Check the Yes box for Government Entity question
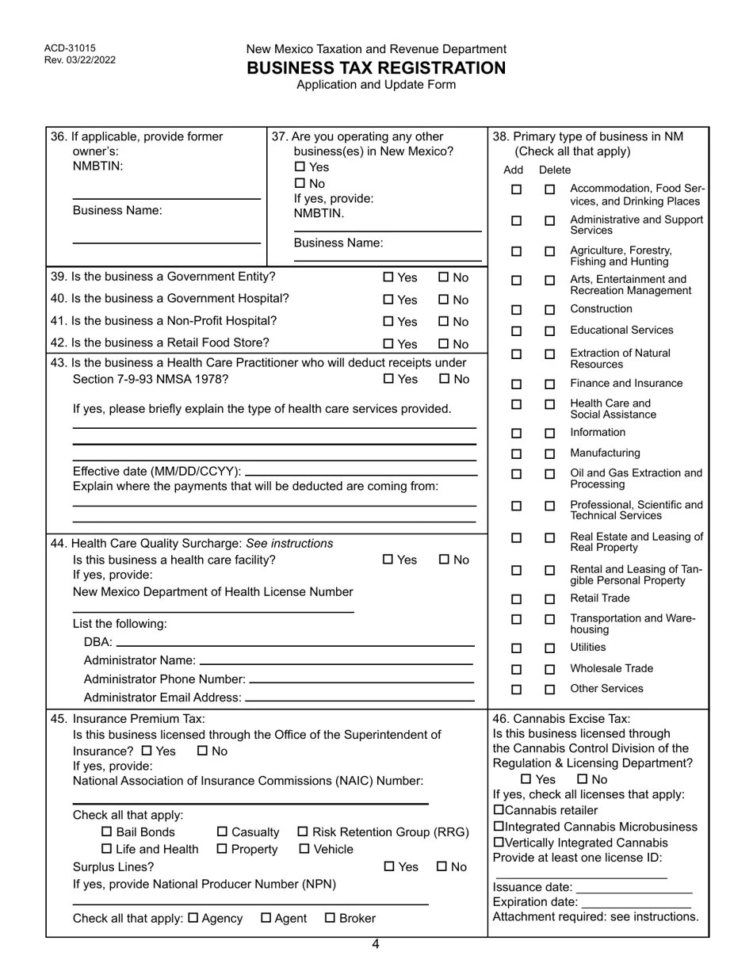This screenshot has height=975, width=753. [x=388, y=277]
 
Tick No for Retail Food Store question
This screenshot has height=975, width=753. [x=444, y=344]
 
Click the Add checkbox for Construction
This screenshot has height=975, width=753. [x=516, y=310]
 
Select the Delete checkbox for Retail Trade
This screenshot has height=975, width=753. [x=549, y=599]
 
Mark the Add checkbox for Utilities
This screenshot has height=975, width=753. [x=516, y=648]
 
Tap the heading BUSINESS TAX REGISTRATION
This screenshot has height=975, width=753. [x=376, y=68]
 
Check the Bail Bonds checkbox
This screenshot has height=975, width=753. [x=107, y=832]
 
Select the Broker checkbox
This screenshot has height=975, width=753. [x=330, y=919]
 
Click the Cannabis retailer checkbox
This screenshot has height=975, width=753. [x=498, y=810]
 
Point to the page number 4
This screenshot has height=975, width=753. [x=376, y=944]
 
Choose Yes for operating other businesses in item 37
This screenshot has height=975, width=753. [x=299, y=167]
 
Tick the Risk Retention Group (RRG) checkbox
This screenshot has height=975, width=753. [x=303, y=832]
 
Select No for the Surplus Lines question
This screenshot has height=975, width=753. [x=442, y=867]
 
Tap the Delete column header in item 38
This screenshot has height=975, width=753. [x=554, y=170]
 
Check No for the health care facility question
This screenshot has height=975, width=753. [x=444, y=560]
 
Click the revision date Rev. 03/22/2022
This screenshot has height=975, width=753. [x=80, y=59]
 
